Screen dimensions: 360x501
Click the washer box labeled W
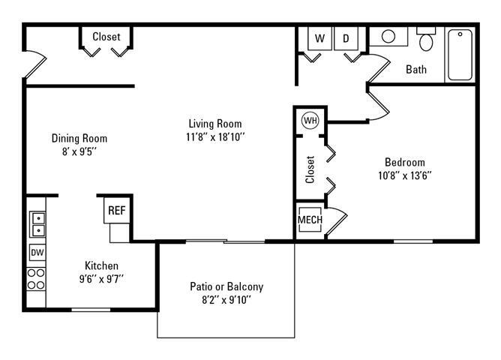(x=319, y=38)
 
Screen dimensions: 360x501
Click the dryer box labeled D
(x=346, y=38)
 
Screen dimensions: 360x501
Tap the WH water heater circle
(x=310, y=120)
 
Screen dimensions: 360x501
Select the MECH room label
(x=310, y=220)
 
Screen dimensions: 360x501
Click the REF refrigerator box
(x=116, y=211)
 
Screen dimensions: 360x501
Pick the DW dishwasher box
(x=37, y=253)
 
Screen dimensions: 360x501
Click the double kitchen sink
(x=37, y=224)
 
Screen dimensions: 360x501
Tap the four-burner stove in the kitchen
(x=36, y=279)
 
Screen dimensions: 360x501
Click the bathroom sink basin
(x=389, y=36)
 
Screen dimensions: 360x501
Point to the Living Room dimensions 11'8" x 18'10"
(x=216, y=136)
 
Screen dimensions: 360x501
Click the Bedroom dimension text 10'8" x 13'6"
(x=404, y=175)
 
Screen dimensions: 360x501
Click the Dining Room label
(x=79, y=138)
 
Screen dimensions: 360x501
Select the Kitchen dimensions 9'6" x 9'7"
(x=101, y=278)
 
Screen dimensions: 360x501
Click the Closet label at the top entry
(x=106, y=37)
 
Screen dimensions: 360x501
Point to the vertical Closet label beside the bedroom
(x=310, y=169)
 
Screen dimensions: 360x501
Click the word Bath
(x=416, y=70)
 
